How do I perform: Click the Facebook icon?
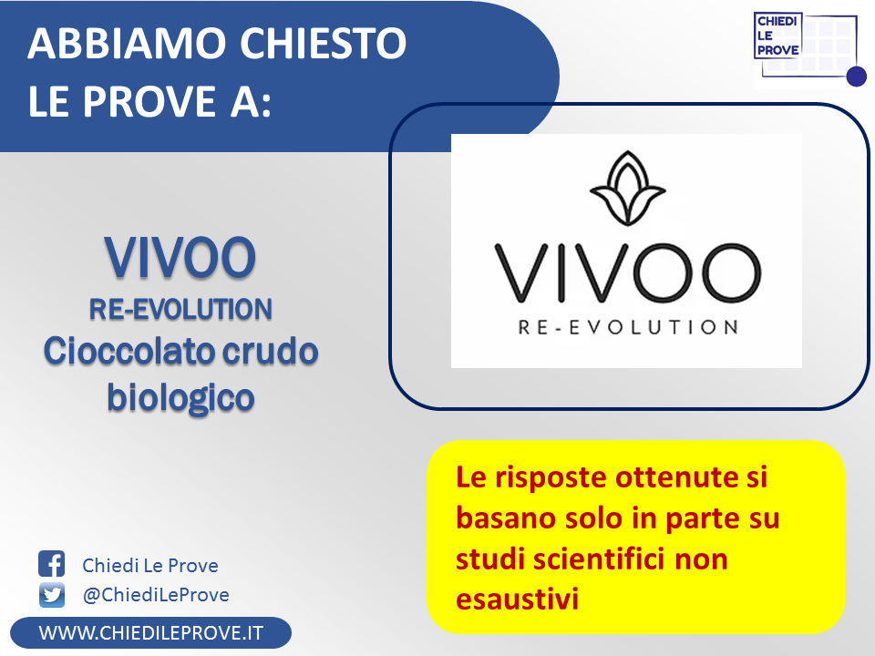point(51,563)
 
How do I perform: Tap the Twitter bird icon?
point(52,595)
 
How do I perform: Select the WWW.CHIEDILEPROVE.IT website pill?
point(150,633)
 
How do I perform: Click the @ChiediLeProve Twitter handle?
point(156,595)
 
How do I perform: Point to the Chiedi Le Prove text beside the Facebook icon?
point(150,566)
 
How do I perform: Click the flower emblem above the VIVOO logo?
point(627,188)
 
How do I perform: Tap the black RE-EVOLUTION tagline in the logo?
point(628,327)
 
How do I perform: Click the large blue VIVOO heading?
point(180,257)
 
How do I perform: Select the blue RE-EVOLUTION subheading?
point(180,309)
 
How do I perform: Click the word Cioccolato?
point(129,352)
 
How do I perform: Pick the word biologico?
point(180,398)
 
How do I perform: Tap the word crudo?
point(270,352)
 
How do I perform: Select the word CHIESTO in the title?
point(324,43)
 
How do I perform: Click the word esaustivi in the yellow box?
point(518,600)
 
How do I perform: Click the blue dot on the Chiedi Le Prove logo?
point(856,77)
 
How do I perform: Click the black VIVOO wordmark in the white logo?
point(628,272)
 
